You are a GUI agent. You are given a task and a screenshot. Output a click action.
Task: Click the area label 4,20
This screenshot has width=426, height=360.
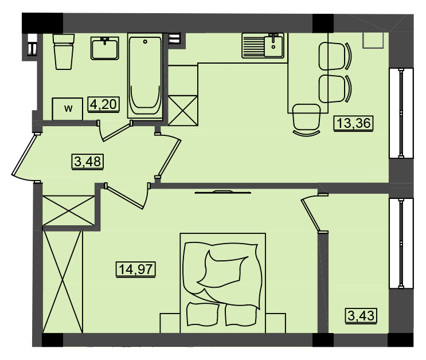[x=104, y=104]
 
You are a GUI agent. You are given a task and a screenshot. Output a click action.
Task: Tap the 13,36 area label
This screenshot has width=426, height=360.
[x=353, y=123]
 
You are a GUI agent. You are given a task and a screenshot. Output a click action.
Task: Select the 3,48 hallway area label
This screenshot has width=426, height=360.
[x=88, y=162]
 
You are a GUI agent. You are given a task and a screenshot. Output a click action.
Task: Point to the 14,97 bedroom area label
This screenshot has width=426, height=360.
[x=135, y=269]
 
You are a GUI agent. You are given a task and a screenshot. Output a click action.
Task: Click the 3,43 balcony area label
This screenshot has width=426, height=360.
[x=361, y=316]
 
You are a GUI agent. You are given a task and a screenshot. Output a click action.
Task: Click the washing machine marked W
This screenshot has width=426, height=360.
[x=68, y=109]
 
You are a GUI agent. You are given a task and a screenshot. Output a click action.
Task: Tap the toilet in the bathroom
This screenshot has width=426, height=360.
[x=64, y=52]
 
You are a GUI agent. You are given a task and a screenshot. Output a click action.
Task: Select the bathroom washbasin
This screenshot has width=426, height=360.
[x=104, y=48]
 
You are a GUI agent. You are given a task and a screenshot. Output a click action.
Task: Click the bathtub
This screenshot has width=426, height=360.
[x=145, y=76]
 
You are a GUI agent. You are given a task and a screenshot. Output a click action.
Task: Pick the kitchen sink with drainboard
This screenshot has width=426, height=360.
[x=263, y=46]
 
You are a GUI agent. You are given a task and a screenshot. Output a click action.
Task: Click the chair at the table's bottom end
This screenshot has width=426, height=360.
[x=306, y=120]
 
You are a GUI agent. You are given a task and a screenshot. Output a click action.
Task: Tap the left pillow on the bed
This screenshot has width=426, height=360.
[x=203, y=314]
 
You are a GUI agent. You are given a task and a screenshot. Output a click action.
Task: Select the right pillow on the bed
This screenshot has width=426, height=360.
[x=241, y=315]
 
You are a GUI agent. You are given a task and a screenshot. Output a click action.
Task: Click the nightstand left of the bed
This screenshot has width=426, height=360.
[x=170, y=323]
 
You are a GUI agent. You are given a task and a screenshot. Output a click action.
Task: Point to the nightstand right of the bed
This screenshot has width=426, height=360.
[x=275, y=323]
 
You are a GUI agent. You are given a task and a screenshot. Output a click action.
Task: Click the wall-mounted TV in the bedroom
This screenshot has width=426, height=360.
[x=223, y=192]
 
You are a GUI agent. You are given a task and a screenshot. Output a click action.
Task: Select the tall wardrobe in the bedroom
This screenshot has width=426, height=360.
[x=62, y=281]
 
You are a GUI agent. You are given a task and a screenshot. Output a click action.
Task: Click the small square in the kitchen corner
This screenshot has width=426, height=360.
[x=373, y=41]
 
